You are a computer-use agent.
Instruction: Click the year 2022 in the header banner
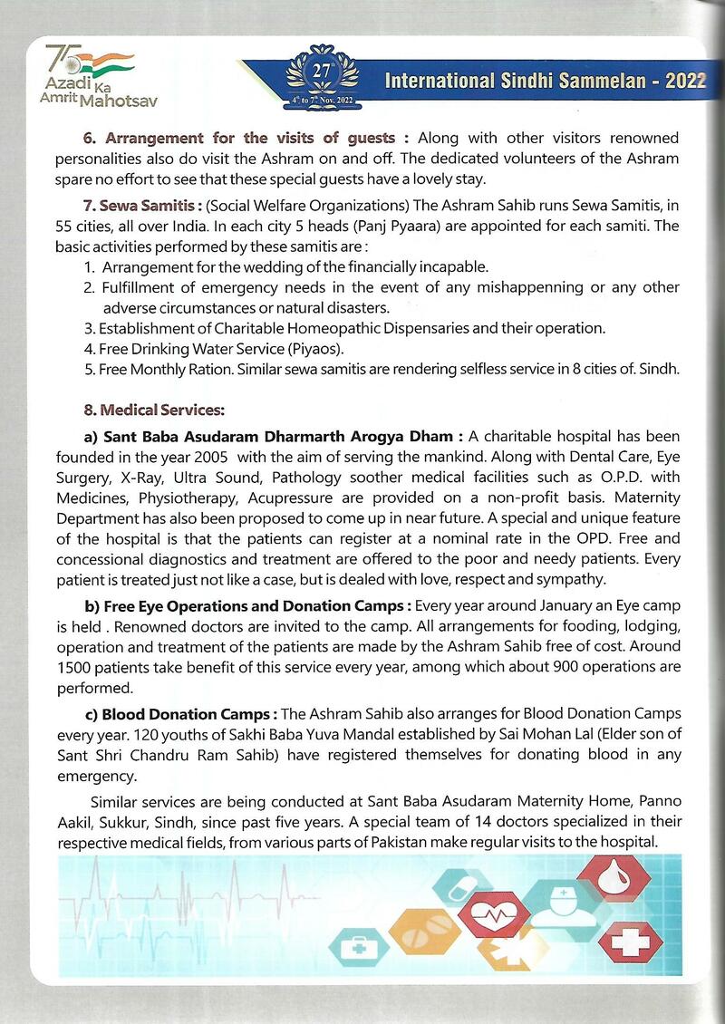pyautogui.click(x=684, y=81)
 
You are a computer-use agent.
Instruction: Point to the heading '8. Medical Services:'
pyautogui.click(x=154, y=410)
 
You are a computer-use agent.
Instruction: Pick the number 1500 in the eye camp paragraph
pyautogui.click(x=76, y=666)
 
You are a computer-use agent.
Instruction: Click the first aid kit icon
pyautogui.click(x=358, y=948)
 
